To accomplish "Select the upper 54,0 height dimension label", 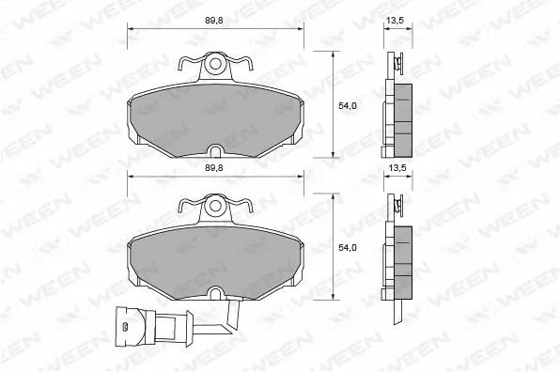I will (348, 106).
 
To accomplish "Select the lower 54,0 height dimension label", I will (348, 248).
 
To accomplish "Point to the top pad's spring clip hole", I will (215, 66).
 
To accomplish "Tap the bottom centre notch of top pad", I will (215, 150).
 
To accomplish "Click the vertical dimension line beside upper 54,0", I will (334, 103).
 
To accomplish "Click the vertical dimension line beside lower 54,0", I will (334, 246).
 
